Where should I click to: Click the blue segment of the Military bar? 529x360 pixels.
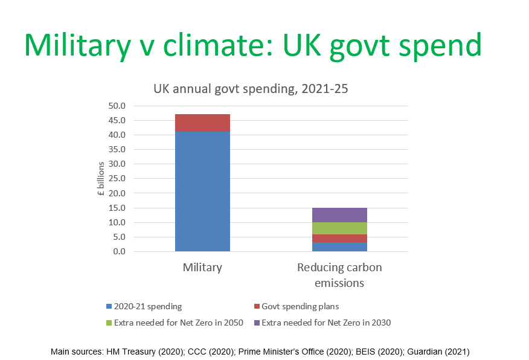(x=202, y=190)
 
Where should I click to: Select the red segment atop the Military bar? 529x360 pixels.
(x=202, y=123)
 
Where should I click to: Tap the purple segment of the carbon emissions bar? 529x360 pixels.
(x=339, y=214)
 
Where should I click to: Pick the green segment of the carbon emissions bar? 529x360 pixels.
(x=339, y=228)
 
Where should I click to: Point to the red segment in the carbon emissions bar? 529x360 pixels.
(x=339, y=238)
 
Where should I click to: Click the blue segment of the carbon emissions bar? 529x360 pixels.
(x=339, y=246)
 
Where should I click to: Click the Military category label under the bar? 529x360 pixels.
(x=202, y=268)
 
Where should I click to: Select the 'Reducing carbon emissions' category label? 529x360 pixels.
(x=339, y=275)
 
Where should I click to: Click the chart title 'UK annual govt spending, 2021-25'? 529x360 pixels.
(x=250, y=89)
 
